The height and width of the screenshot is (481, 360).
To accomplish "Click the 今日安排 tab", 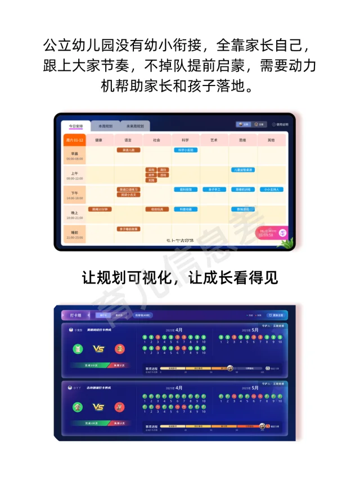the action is click(75, 126).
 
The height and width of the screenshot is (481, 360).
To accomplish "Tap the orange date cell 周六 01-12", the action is click(74, 140).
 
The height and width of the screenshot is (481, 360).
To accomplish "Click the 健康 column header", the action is click(99, 140).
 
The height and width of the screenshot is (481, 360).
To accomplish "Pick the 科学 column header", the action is click(185, 140).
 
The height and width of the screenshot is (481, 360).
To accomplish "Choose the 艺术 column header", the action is click(214, 140).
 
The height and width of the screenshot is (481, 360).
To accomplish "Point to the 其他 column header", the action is click(272, 140).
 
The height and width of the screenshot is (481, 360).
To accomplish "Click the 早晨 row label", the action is click(74, 156).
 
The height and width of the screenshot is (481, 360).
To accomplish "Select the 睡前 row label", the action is click(74, 234).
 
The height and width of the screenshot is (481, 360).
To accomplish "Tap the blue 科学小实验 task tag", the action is click(185, 150).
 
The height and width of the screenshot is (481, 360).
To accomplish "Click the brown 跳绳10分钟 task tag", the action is click(99, 209).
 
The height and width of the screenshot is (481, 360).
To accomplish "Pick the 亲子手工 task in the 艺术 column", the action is click(214, 190).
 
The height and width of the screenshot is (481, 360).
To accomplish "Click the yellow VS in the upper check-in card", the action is click(98, 349).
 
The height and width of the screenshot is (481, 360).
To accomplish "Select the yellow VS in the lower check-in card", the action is click(98, 407).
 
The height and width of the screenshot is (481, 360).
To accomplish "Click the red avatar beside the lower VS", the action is click(119, 407).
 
